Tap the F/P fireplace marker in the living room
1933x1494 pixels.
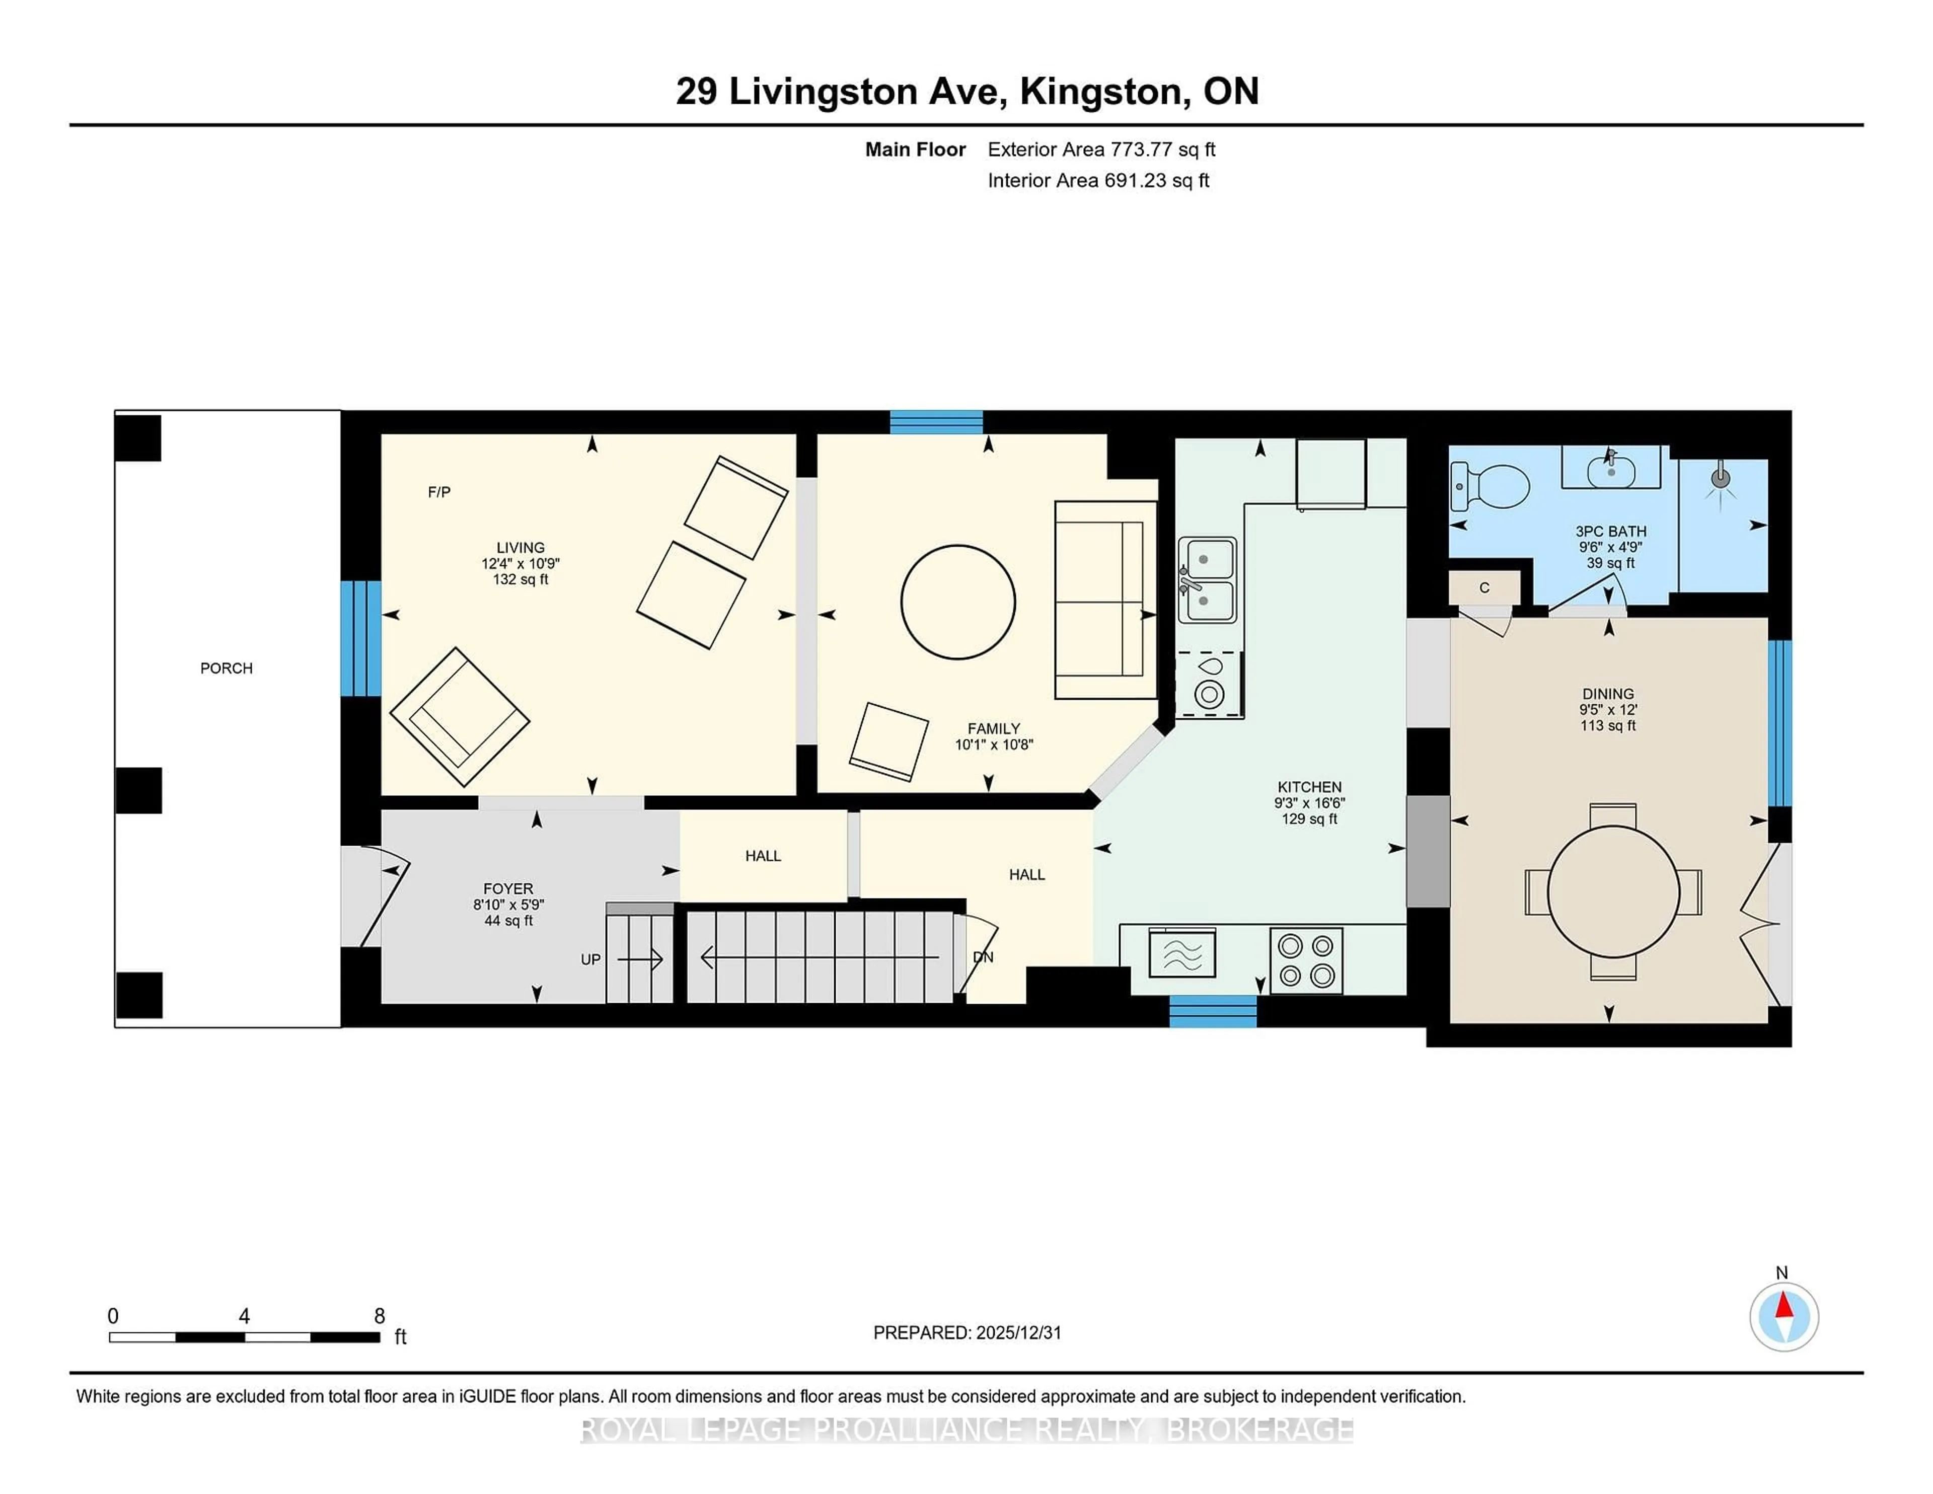coord(439,492)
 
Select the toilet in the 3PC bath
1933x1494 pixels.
coord(1492,487)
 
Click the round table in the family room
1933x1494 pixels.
coord(957,602)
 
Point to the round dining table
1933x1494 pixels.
coord(1613,891)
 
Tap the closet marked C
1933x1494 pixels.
coord(1484,588)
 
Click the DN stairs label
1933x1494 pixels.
coord(983,957)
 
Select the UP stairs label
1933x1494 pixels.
coord(590,959)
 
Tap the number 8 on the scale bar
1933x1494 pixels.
coord(380,1316)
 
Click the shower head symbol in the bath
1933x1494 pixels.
coord(1720,479)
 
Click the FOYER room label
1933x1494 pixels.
coord(508,888)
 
